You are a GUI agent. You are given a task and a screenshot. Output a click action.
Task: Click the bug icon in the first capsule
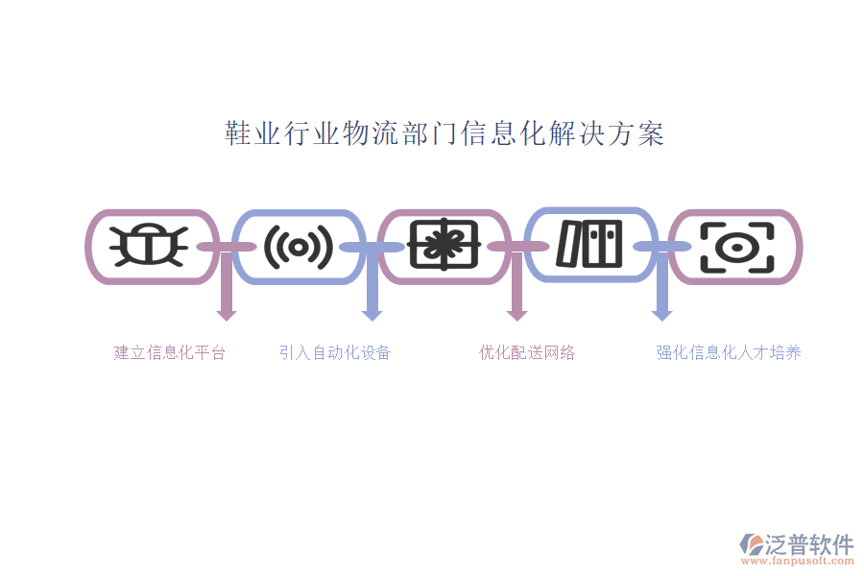pyautogui.click(x=148, y=246)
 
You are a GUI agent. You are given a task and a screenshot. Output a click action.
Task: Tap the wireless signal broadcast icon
pyautogui.click(x=299, y=247)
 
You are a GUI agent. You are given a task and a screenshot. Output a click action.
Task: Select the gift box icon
pyautogui.click(x=444, y=245)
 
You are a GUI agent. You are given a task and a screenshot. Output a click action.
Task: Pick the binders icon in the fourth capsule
pyautogui.click(x=589, y=244)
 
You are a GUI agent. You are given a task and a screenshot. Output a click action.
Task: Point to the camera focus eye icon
pyautogui.click(x=737, y=248)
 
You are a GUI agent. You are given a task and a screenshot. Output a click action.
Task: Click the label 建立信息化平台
pyautogui.click(x=170, y=352)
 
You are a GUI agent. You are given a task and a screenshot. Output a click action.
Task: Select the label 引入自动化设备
pyautogui.click(x=335, y=352)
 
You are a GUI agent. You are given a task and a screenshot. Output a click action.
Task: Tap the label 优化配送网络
pyautogui.click(x=527, y=352)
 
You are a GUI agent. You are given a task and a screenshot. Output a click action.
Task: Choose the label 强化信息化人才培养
pyautogui.click(x=729, y=352)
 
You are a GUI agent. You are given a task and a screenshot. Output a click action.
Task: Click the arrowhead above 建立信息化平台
pyautogui.click(x=227, y=315)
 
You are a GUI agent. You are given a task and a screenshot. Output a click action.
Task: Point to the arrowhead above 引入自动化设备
pyautogui.click(x=372, y=315)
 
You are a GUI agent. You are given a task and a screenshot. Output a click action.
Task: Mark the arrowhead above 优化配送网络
pyautogui.click(x=516, y=315)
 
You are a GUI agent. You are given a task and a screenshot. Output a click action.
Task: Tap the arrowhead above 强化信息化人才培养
pyautogui.click(x=661, y=315)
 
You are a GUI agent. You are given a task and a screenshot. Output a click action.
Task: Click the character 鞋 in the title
pyautogui.click(x=239, y=133)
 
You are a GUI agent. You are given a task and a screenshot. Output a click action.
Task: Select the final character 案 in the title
pyautogui.click(x=651, y=133)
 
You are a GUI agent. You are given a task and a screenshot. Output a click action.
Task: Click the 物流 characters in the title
pyautogui.click(x=372, y=133)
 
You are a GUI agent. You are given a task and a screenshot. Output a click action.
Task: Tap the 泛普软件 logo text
pyautogui.click(x=809, y=544)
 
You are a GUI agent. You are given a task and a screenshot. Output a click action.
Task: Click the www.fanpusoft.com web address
pyautogui.click(x=798, y=561)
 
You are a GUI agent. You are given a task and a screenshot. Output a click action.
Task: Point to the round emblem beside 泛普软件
pyautogui.click(x=752, y=544)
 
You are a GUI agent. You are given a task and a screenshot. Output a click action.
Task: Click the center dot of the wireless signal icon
pyautogui.click(x=299, y=247)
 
